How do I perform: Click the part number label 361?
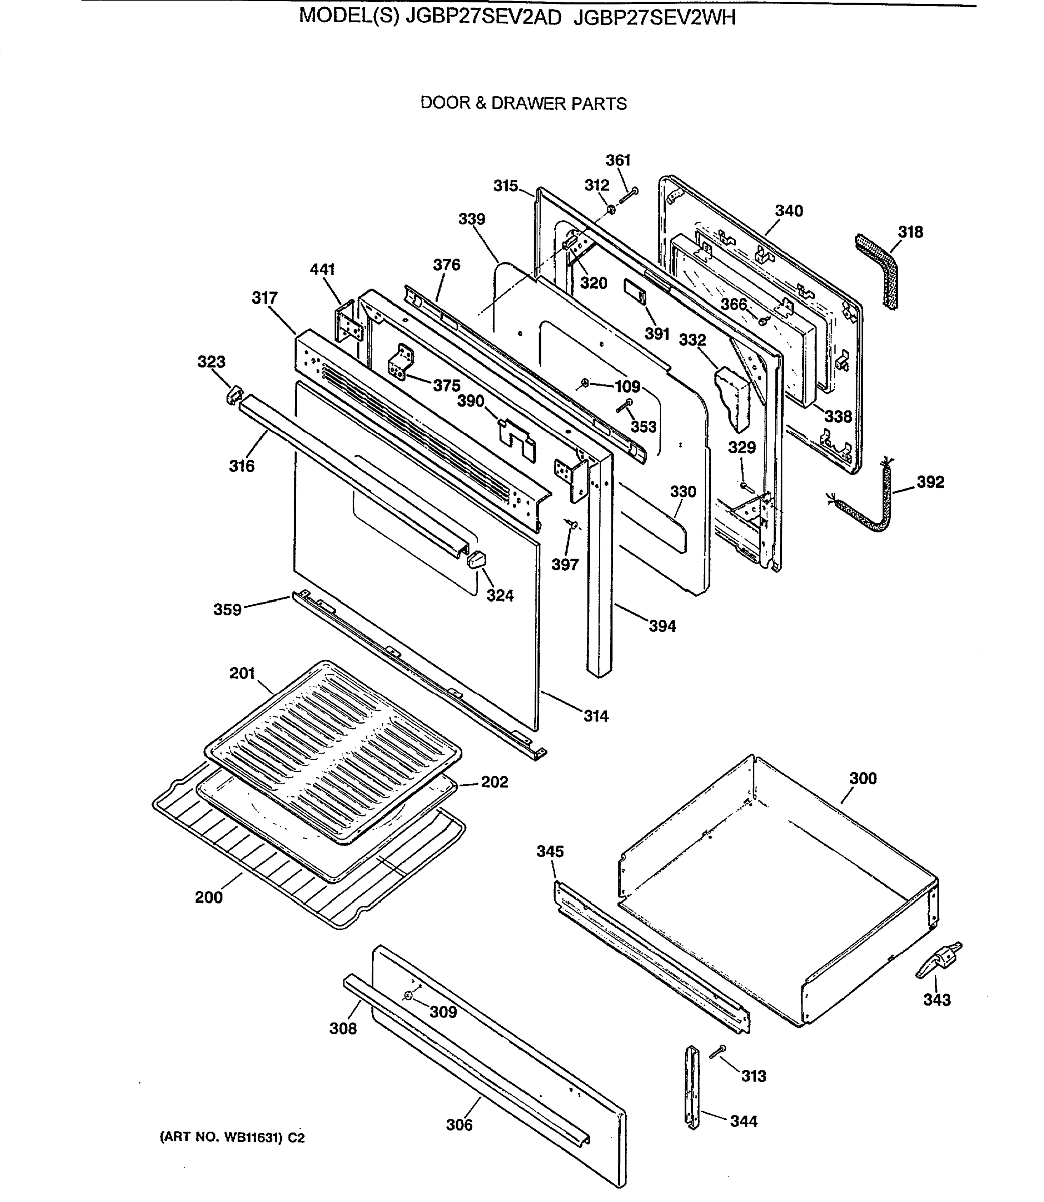click(x=618, y=160)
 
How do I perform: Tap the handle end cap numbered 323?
click(x=233, y=394)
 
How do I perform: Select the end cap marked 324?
click(x=476, y=559)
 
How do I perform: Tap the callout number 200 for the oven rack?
click(x=208, y=897)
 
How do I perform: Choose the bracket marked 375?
click(x=401, y=362)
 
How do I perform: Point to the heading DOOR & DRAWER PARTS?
click(x=523, y=104)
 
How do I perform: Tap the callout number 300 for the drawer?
click(x=862, y=779)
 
